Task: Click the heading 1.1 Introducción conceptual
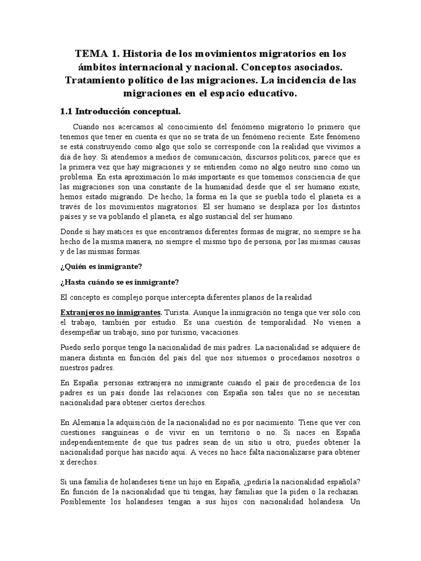pyautogui.click(x=120, y=112)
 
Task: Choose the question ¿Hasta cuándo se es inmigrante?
pyautogui.click(x=120, y=282)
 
